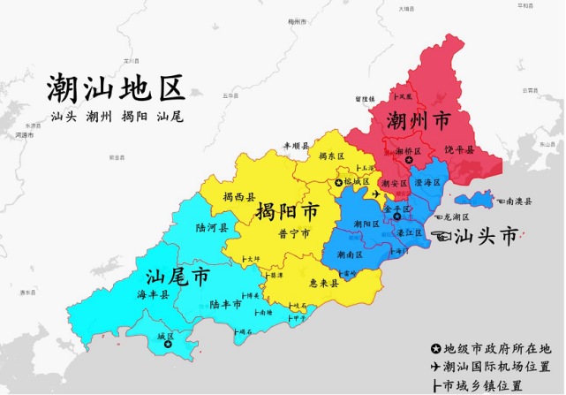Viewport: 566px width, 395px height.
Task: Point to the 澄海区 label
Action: (427, 183)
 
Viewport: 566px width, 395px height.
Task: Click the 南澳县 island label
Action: (518, 201)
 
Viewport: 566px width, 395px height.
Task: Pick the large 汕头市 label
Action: (485, 236)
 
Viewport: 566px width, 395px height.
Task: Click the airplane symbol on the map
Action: (379, 194)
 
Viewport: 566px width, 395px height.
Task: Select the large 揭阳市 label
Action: (287, 212)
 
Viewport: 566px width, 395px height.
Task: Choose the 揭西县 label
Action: (238, 197)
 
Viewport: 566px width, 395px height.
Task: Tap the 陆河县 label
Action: (211, 227)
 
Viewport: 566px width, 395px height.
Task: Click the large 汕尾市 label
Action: (177, 277)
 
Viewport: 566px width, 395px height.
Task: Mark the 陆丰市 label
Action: (226, 304)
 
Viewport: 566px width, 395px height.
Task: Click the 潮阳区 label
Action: (366, 224)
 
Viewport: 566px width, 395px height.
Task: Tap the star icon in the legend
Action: (435, 348)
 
